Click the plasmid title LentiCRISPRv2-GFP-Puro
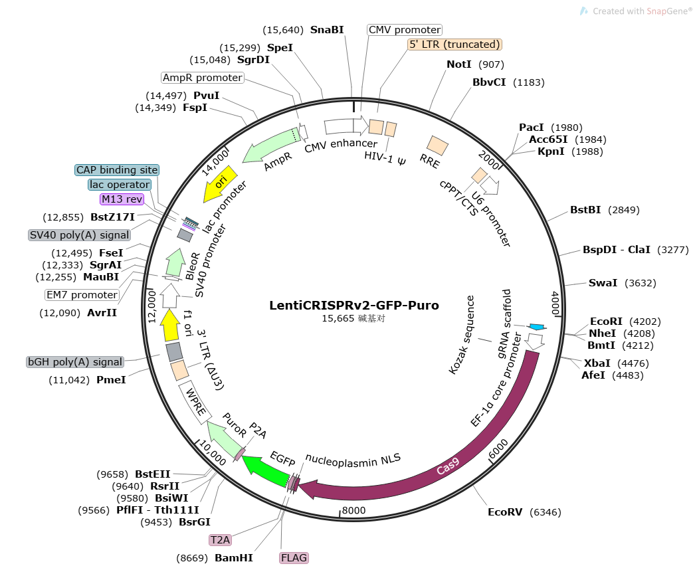353,306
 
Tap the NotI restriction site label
459,64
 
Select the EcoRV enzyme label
505,512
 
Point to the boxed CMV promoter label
405,30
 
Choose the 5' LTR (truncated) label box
454,45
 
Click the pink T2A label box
220,540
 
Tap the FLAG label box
294,557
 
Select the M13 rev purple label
122,199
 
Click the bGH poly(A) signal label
75,362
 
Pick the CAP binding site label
116,169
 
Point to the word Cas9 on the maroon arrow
448,469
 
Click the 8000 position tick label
353,511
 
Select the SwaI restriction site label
603,283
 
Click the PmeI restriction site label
110,379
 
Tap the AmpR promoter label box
202,78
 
